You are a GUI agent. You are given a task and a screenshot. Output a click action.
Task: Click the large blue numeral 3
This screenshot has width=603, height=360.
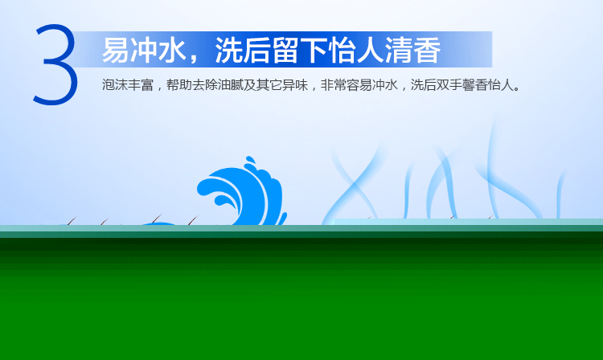pyautogui.click(x=56, y=64)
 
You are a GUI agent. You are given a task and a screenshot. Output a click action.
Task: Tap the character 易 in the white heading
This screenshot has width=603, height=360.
pyautogui.click(x=116, y=51)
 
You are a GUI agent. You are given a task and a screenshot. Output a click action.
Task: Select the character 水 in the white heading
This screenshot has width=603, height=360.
pyautogui.click(x=172, y=51)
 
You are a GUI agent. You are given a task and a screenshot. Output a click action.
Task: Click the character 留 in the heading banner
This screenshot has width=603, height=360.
pyautogui.click(x=285, y=51)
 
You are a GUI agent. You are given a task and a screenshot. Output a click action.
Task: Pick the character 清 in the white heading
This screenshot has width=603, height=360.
pyautogui.click(x=399, y=51)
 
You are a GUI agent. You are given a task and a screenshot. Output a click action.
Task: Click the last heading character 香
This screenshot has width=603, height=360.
pyautogui.click(x=427, y=51)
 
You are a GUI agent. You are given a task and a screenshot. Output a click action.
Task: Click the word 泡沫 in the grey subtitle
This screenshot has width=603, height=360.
pyautogui.click(x=115, y=85)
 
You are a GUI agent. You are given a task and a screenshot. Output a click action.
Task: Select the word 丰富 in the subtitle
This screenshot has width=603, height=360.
pyautogui.click(x=141, y=85)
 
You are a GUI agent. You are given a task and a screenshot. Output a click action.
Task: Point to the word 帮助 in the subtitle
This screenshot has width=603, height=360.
pyautogui.click(x=179, y=85)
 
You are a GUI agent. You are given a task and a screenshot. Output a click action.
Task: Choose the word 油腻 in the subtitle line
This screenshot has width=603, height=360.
pyautogui.click(x=231, y=85)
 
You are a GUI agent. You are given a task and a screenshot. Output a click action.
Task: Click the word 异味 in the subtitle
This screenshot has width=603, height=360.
pyautogui.click(x=295, y=85)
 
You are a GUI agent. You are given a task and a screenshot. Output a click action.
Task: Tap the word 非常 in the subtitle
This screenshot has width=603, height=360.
pyautogui.click(x=334, y=85)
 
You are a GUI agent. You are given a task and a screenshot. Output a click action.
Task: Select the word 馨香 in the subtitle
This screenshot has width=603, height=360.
pyautogui.click(x=475, y=85)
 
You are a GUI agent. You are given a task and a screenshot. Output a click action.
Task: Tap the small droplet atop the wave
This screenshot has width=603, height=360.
pyautogui.click(x=250, y=159)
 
